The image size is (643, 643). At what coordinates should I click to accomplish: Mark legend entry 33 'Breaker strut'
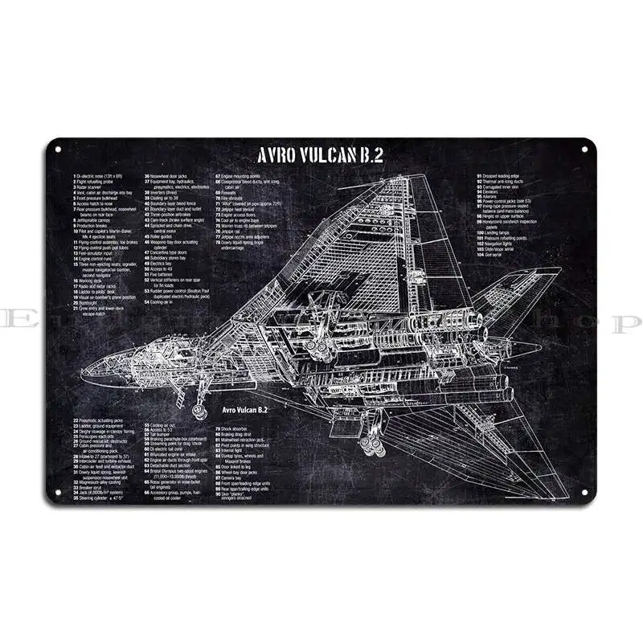click(90, 487)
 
